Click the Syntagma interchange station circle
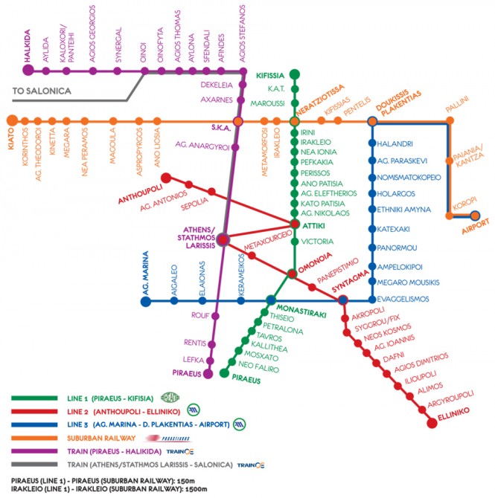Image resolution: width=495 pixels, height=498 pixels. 342,300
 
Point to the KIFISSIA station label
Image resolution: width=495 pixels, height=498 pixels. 272,75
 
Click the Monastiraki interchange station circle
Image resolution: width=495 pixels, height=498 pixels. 270,300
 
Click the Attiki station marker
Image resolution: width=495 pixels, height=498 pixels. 295,223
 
